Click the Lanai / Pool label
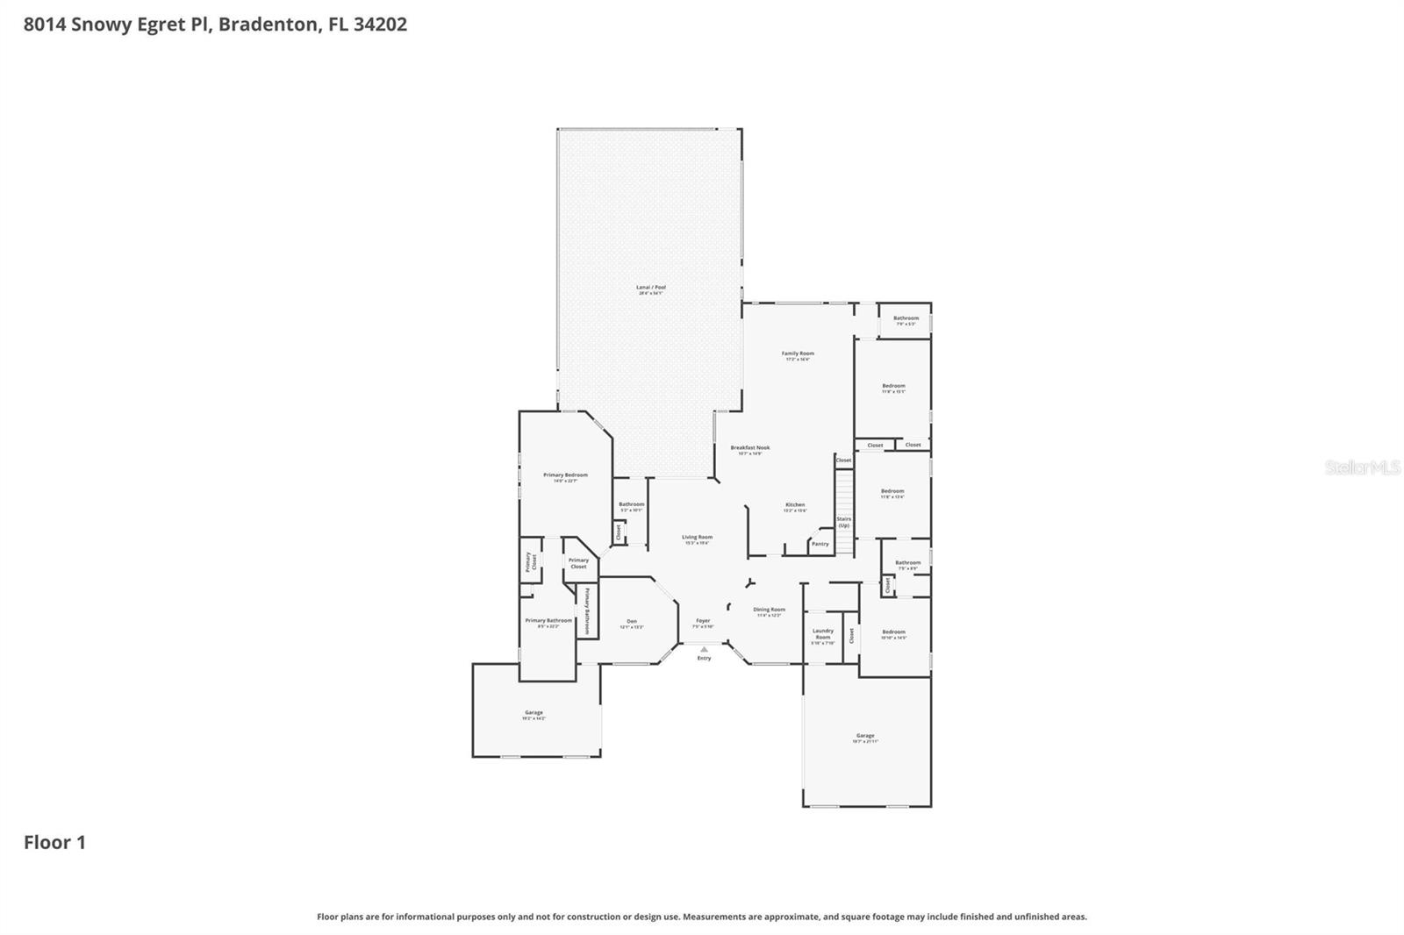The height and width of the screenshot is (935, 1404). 651,288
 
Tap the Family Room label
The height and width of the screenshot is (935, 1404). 798,354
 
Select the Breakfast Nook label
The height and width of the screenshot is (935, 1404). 749,448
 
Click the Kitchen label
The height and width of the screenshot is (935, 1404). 795,505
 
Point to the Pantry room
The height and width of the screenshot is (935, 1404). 820,544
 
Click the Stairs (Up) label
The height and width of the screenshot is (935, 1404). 843,522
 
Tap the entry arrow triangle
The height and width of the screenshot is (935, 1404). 704,650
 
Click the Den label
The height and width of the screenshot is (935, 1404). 632,622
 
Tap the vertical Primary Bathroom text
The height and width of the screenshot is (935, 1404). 587,610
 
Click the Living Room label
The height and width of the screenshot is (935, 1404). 698,538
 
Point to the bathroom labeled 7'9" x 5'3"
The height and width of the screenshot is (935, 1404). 906,319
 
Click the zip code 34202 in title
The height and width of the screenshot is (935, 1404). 380,25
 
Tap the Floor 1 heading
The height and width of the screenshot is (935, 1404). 54,843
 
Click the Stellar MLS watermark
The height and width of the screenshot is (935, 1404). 1362,467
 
